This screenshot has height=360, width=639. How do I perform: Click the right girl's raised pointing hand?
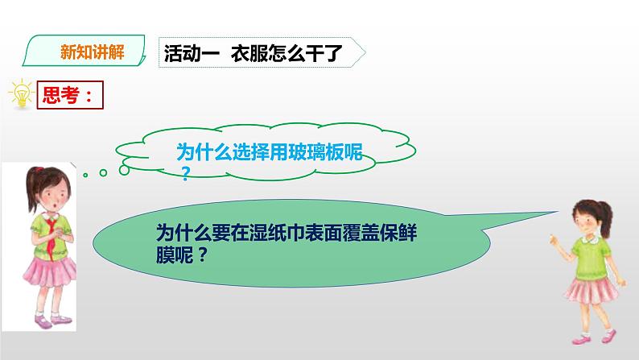553,239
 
